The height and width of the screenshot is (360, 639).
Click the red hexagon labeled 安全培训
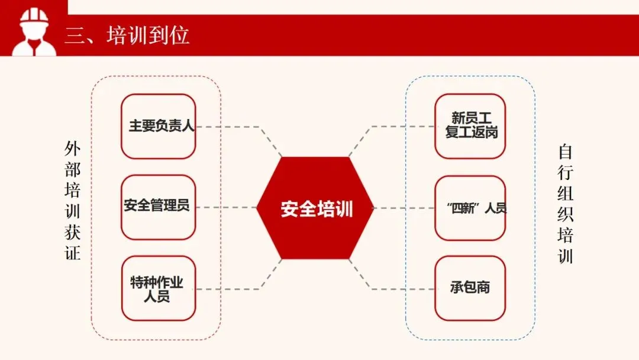[315, 208]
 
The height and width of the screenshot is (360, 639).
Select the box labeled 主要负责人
[158, 126]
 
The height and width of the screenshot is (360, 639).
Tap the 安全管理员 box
[158, 207]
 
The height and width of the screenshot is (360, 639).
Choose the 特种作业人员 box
[158, 288]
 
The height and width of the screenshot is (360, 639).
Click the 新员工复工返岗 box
[470, 126]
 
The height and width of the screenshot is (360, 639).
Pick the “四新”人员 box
[470, 208]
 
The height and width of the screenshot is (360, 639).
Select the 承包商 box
[470, 288]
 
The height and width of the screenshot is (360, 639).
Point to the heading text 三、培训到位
[127, 36]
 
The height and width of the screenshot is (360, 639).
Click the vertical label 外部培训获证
[72, 201]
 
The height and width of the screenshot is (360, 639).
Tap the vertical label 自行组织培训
[566, 204]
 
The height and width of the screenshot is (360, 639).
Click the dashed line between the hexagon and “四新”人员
[404, 208]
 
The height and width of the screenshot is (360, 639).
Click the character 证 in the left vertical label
[72, 253]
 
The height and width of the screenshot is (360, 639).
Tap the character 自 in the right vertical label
[566, 153]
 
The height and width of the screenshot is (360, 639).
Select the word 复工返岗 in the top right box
[472, 133]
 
